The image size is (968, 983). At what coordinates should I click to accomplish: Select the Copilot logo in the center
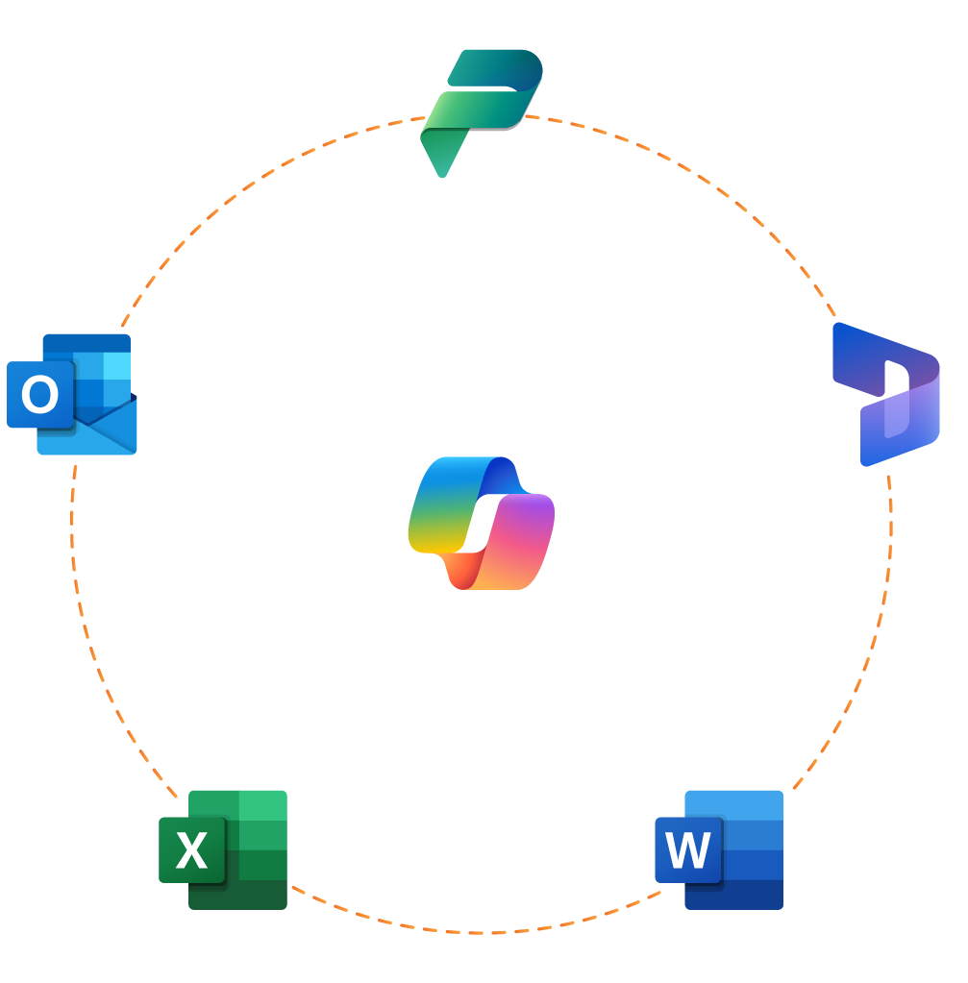coord(481,523)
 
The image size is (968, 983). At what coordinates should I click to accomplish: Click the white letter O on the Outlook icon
coord(39,395)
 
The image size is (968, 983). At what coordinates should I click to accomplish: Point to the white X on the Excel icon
coord(191,850)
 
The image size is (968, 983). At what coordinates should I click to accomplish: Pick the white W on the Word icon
coord(687,850)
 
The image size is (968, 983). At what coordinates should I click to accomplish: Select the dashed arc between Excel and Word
coord(476,932)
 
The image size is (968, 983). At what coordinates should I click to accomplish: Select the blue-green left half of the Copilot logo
coord(442,504)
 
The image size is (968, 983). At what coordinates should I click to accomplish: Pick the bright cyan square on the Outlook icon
coord(117,366)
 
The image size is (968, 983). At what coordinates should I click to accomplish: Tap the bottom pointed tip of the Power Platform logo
coord(441,173)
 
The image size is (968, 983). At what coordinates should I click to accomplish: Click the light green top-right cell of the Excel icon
coord(262,805)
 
